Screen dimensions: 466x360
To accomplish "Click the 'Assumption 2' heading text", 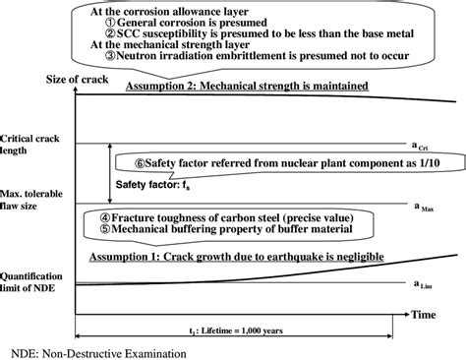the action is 247,87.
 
